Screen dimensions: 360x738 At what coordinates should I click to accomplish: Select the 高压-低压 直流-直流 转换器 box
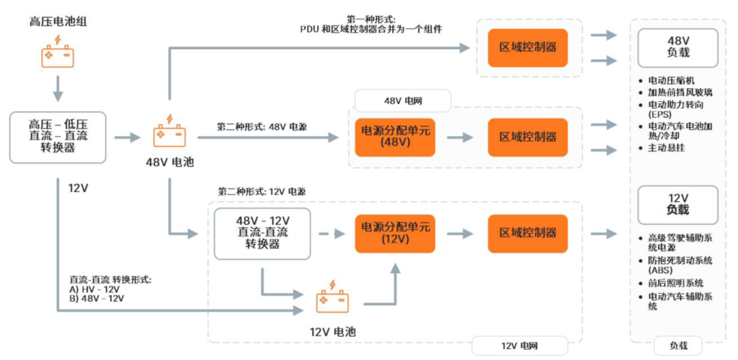(57, 137)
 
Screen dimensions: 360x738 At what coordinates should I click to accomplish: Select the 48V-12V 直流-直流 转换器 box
(262, 233)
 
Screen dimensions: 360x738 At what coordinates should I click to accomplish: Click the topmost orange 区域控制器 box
(528, 47)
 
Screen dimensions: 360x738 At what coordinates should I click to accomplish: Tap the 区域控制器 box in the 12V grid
(528, 233)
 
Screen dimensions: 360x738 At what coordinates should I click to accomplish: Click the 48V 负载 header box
(677, 47)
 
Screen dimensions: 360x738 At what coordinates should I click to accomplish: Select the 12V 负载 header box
(677, 204)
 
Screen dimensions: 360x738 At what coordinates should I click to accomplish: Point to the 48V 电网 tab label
(402, 101)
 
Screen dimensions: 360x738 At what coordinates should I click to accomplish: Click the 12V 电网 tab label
(519, 346)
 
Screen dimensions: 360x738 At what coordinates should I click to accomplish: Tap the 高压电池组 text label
(58, 22)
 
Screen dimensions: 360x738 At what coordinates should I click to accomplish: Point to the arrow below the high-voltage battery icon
(57, 88)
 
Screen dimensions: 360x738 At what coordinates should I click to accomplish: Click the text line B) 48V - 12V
(96, 299)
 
